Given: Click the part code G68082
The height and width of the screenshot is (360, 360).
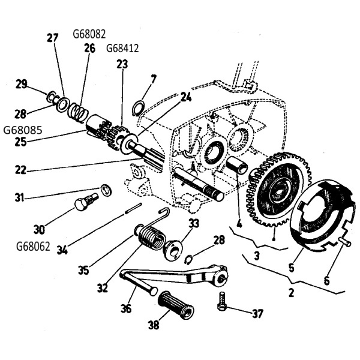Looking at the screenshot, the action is (x=89, y=34).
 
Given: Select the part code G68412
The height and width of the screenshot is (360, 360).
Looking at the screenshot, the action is (x=122, y=49).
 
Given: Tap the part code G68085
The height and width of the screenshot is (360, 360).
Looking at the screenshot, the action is (x=23, y=130).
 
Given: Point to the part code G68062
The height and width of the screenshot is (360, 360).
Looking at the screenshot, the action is (x=33, y=247).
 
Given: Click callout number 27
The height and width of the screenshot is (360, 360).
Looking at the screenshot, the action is (x=53, y=38).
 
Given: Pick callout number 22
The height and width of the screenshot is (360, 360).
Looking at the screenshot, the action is (x=20, y=170).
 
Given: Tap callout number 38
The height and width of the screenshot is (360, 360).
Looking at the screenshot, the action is (x=154, y=325).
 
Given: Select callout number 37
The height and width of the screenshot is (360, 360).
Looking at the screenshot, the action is (x=257, y=313).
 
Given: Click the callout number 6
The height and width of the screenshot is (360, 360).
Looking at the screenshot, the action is (x=326, y=281).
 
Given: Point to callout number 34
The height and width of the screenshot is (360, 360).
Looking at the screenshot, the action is (x=62, y=250).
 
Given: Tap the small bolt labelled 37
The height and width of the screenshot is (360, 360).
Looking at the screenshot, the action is (x=222, y=301).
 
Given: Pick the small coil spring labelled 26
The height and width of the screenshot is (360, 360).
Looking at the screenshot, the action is (x=79, y=112).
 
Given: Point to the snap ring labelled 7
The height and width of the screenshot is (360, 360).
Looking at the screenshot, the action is (x=139, y=107).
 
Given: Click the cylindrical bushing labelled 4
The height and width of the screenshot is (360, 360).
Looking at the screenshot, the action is (x=237, y=166).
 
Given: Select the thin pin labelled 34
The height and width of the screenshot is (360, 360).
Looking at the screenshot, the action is (x=133, y=208).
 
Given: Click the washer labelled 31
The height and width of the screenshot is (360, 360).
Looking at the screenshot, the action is (x=106, y=190).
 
